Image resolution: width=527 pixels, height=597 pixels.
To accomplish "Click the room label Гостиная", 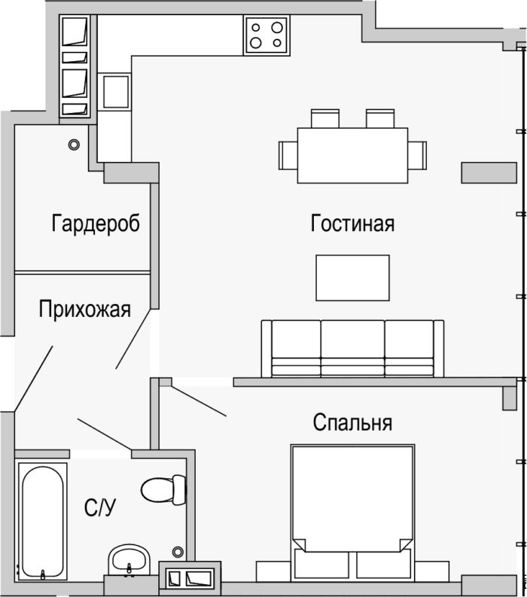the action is [352, 223].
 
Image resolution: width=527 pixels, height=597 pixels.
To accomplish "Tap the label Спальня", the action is [352, 422].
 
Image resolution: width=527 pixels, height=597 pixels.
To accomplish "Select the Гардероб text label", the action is [96, 223].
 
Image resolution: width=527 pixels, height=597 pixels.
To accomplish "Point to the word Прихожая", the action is [84, 309].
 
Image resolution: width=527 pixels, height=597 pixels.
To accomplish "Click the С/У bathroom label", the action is [100, 507].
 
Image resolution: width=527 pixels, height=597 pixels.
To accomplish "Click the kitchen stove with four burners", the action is [267, 35].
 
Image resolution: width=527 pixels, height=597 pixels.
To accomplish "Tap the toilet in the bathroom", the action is [163, 489].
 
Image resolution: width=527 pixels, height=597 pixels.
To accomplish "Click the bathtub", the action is [42, 522].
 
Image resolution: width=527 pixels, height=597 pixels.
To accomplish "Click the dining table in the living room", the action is [352, 155].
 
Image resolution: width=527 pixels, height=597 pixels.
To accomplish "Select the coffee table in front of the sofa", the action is [352, 278].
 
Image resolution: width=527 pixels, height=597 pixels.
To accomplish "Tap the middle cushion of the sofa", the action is [352, 348].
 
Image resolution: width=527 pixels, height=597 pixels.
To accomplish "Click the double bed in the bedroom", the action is [352, 513].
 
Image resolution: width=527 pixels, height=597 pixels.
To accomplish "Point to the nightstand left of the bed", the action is [274, 571].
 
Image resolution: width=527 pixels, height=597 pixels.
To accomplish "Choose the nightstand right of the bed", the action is [432, 571].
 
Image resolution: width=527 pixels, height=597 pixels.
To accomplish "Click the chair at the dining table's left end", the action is [288, 155].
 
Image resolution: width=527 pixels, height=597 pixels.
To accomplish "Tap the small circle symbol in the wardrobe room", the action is [74, 145].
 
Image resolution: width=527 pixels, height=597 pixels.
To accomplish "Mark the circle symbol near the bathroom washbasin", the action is [178, 551].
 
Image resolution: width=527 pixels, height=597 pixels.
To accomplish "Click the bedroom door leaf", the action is [199, 401].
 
